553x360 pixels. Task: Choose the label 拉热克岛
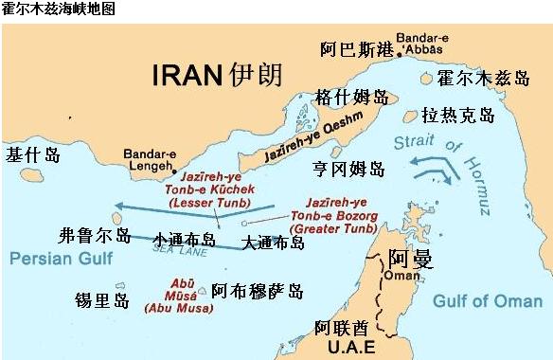[458, 115]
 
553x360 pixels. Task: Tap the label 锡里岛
[102, 299]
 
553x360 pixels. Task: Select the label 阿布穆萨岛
[258, 291]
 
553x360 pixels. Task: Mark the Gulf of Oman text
[487, 300]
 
